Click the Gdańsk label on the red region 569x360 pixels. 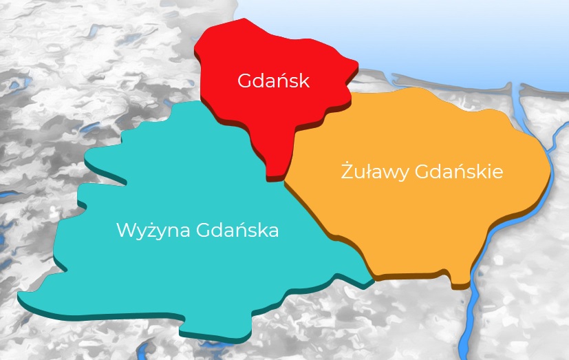click(x=274, y=81)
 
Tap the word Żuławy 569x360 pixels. click(x=375, y=171)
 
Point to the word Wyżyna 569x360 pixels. click(x=153, y=230)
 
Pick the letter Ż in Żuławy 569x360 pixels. click(x=347, y=170)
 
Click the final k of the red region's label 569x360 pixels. click(x=305, y=81)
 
